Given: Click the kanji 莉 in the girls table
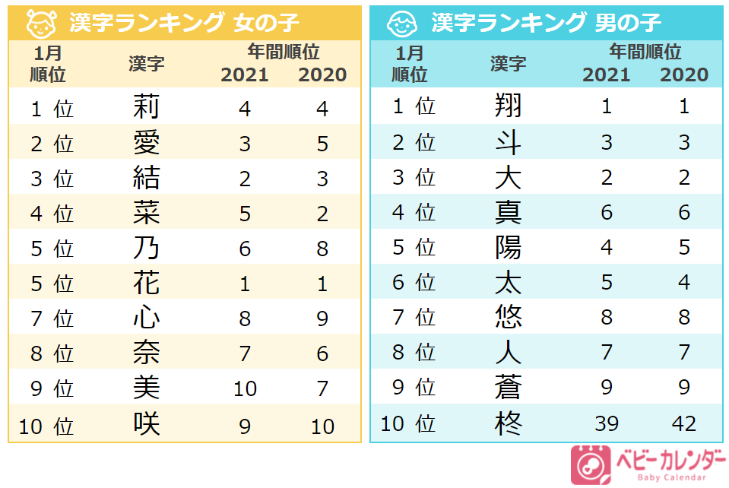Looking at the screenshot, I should pyautogui.click(x=146, y=107).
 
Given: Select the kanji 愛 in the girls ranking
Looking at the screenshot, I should pyautogui.click(x=146, y=143).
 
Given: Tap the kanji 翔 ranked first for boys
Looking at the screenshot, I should pyautogui.click(x=508, y=106).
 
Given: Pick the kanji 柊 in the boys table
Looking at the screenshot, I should pyautogui.click(x=508, y=423).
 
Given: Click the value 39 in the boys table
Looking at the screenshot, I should pyautogui.click(x=606, y=423).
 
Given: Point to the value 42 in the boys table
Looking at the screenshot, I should pyautogui.click(x=684, y=423).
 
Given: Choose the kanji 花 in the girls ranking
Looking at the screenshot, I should pyautogui.click(x=146, y=284).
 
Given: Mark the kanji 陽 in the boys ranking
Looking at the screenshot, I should pyautogui.click(x=508, y=247).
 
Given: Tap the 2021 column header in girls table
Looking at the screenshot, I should pyautogui.click(x=244, y=75).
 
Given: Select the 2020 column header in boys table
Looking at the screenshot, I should pyautogui.click(x=684, y=75).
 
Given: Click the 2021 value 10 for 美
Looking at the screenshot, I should pyautogui.click(x=245, y=389).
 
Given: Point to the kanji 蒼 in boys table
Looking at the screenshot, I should pyautogui.click(x=508, y=388).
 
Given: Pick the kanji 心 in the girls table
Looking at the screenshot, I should pyautogui.click(x=146, y=318).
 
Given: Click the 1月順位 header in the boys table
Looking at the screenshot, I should pyautogui.click(x=410, y=64).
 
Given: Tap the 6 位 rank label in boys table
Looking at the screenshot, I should pyautogui.click(x=414, y=283).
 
